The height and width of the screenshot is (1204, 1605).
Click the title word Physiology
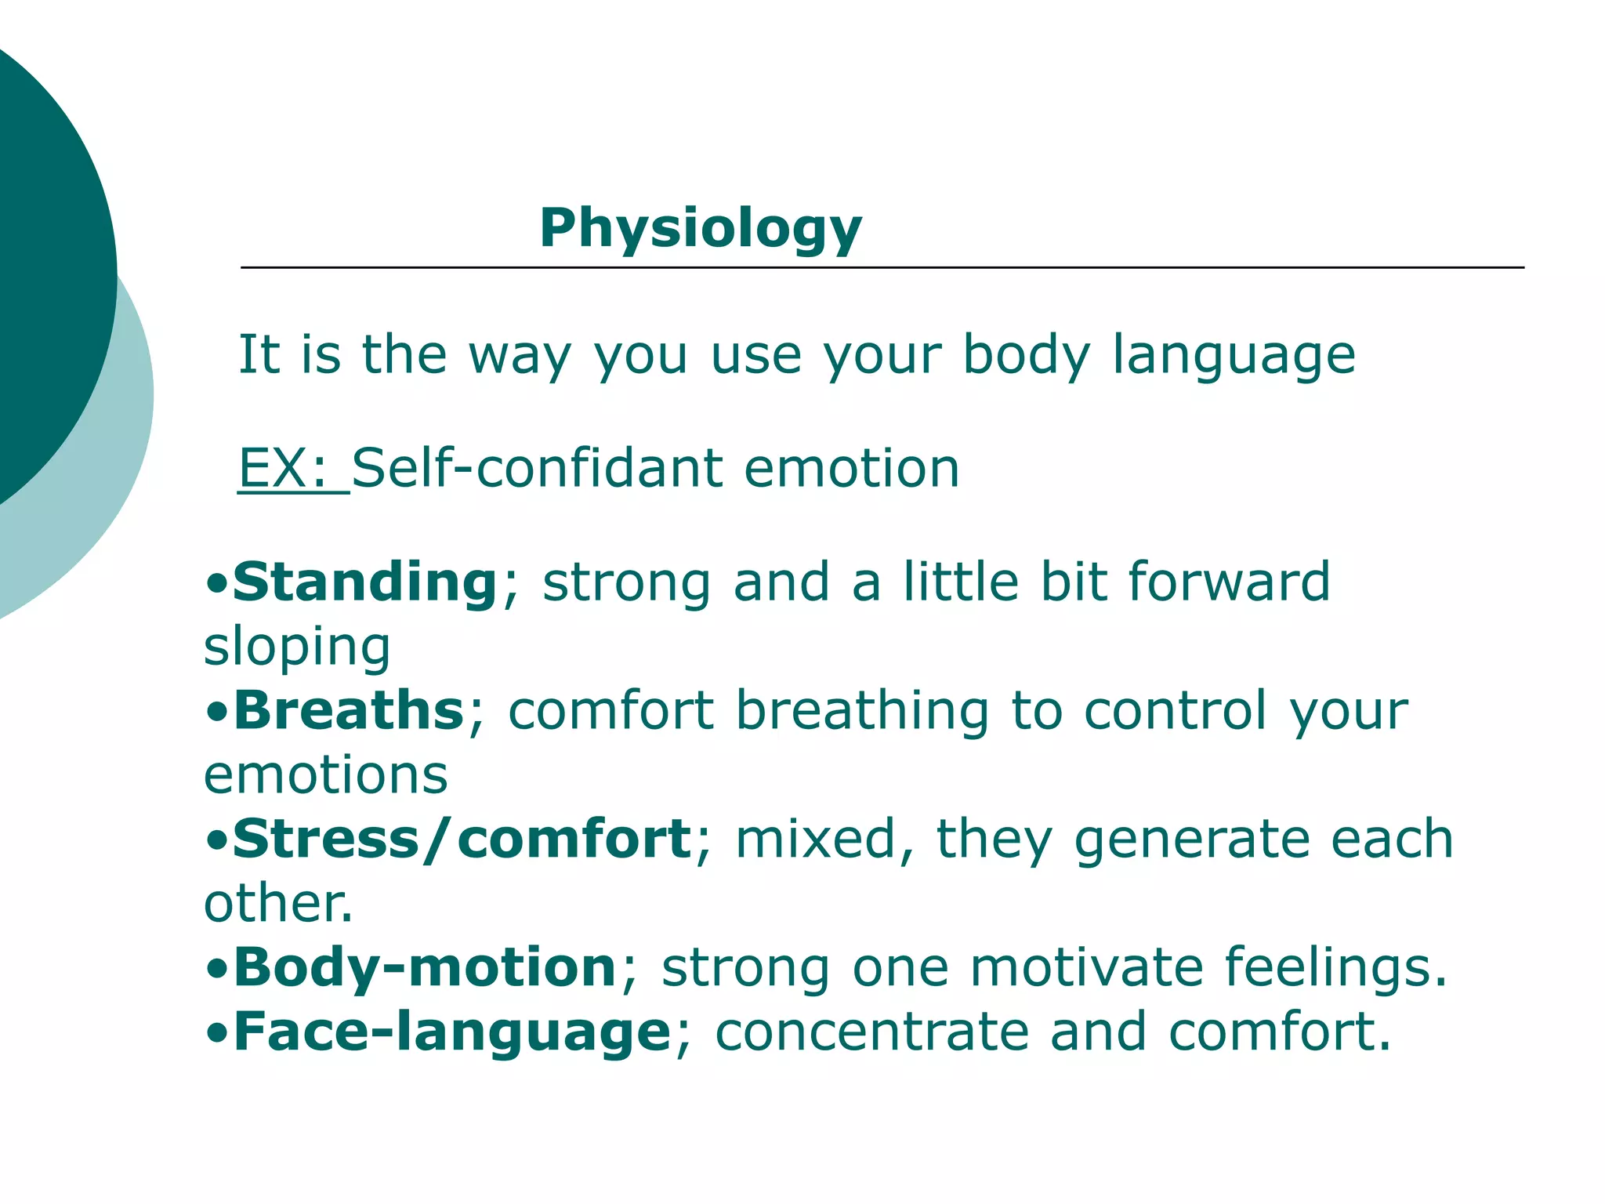700,229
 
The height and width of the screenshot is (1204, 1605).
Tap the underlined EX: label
282,468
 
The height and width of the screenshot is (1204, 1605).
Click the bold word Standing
365,582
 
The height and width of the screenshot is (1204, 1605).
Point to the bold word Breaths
350,710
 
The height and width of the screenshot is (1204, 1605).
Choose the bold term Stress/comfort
462,839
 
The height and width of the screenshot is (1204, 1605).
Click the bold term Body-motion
426,967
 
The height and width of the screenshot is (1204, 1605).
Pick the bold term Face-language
452,1032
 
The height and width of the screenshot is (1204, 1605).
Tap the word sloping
297,647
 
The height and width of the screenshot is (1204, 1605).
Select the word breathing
862,710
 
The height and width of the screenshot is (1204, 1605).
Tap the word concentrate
871,1032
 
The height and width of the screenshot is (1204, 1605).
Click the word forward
1229,582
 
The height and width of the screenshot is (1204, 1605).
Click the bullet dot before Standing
217,584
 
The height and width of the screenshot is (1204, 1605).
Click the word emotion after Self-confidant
851,468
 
